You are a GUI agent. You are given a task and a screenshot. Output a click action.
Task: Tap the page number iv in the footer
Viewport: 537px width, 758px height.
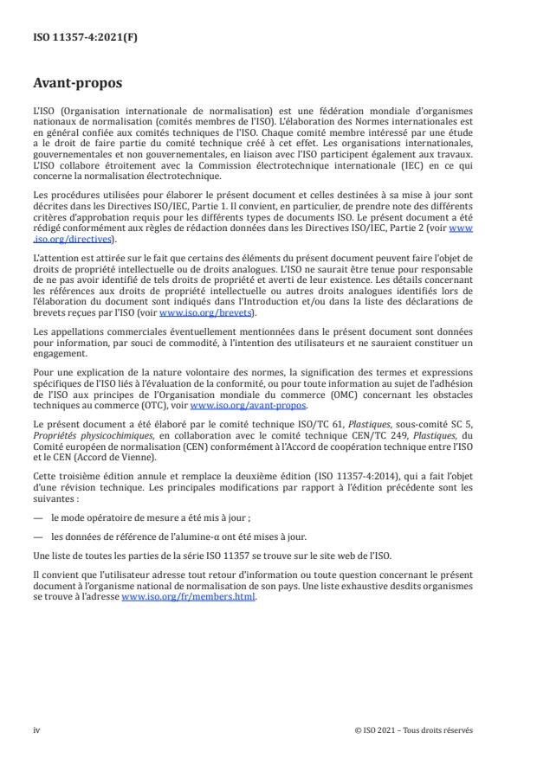[x=36, y=730]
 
